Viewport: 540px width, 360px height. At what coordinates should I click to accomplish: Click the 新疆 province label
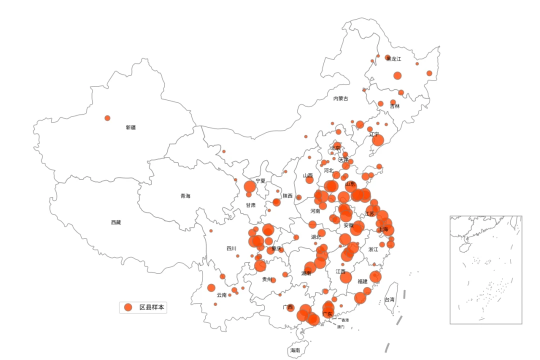click(x=130, y=127)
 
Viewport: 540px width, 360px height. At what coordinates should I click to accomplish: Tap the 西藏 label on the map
click(x=116, y=222)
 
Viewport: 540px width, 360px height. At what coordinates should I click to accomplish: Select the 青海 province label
click(x=185, y=196)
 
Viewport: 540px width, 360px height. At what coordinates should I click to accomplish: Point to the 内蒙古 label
click(x=341, y=98)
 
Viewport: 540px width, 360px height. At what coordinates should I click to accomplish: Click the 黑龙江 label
click(x=393, y=59)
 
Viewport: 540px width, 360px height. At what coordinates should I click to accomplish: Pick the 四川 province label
click(x=231, y=248)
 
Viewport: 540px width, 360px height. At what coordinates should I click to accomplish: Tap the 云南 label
click(x=221, y=295)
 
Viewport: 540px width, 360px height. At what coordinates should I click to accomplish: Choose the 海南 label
click(x=295, y=350)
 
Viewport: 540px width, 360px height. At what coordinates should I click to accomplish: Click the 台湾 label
click(x=389, y=300)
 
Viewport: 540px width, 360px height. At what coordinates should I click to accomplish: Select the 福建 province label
click(x=362, y=281)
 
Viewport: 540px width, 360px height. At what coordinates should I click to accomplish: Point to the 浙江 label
click(x=373, y=249)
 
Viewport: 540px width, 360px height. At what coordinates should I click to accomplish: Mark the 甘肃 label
click(x=250, y=205)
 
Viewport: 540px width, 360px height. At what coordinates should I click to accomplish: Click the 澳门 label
click(x=340, y=326)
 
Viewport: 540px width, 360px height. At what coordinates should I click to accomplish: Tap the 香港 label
click(x=345, y=320)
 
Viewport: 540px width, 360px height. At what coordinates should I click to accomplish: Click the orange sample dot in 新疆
click(x=107, y=118)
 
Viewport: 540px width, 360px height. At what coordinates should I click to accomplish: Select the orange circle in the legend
click(x=128, y=307)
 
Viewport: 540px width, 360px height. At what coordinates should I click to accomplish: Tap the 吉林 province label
click(x=395, y=106)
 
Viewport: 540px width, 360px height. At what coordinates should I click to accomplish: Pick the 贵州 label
click(x=267, y=279)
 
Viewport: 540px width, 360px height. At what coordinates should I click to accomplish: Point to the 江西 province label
click(x=340, y=271)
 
